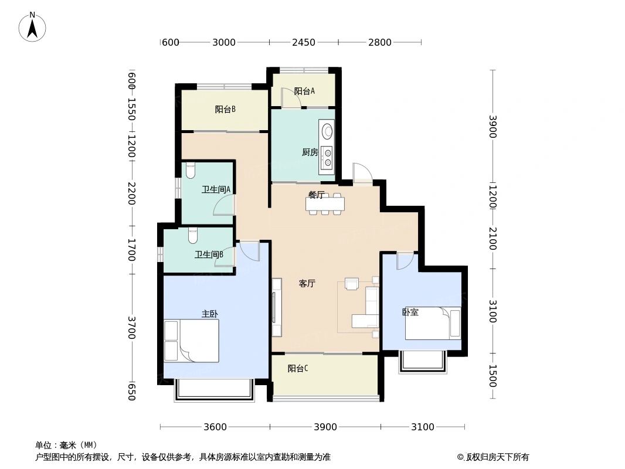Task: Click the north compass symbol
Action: [x=33, y=26]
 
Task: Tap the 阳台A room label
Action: [x=304, y=91]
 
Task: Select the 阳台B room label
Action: [x=225, y=109]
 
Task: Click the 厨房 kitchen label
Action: [x=310, y=152]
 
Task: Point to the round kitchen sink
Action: [x=327, y=130]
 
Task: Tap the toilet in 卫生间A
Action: [x=190, y=171]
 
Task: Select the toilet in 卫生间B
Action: [x=193, y=236]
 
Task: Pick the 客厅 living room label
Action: [x=307, y=284]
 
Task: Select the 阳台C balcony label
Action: [x=298, y=369]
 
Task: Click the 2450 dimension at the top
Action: [x=304, y=42]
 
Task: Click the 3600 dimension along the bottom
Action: [x=215, y=427]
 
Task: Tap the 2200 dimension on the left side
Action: [x=131, y=193]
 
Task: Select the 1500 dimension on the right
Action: [x=492, y=376]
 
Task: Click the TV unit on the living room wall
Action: [x=276, y=307]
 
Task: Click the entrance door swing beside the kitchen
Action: [x=362, y=172]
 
